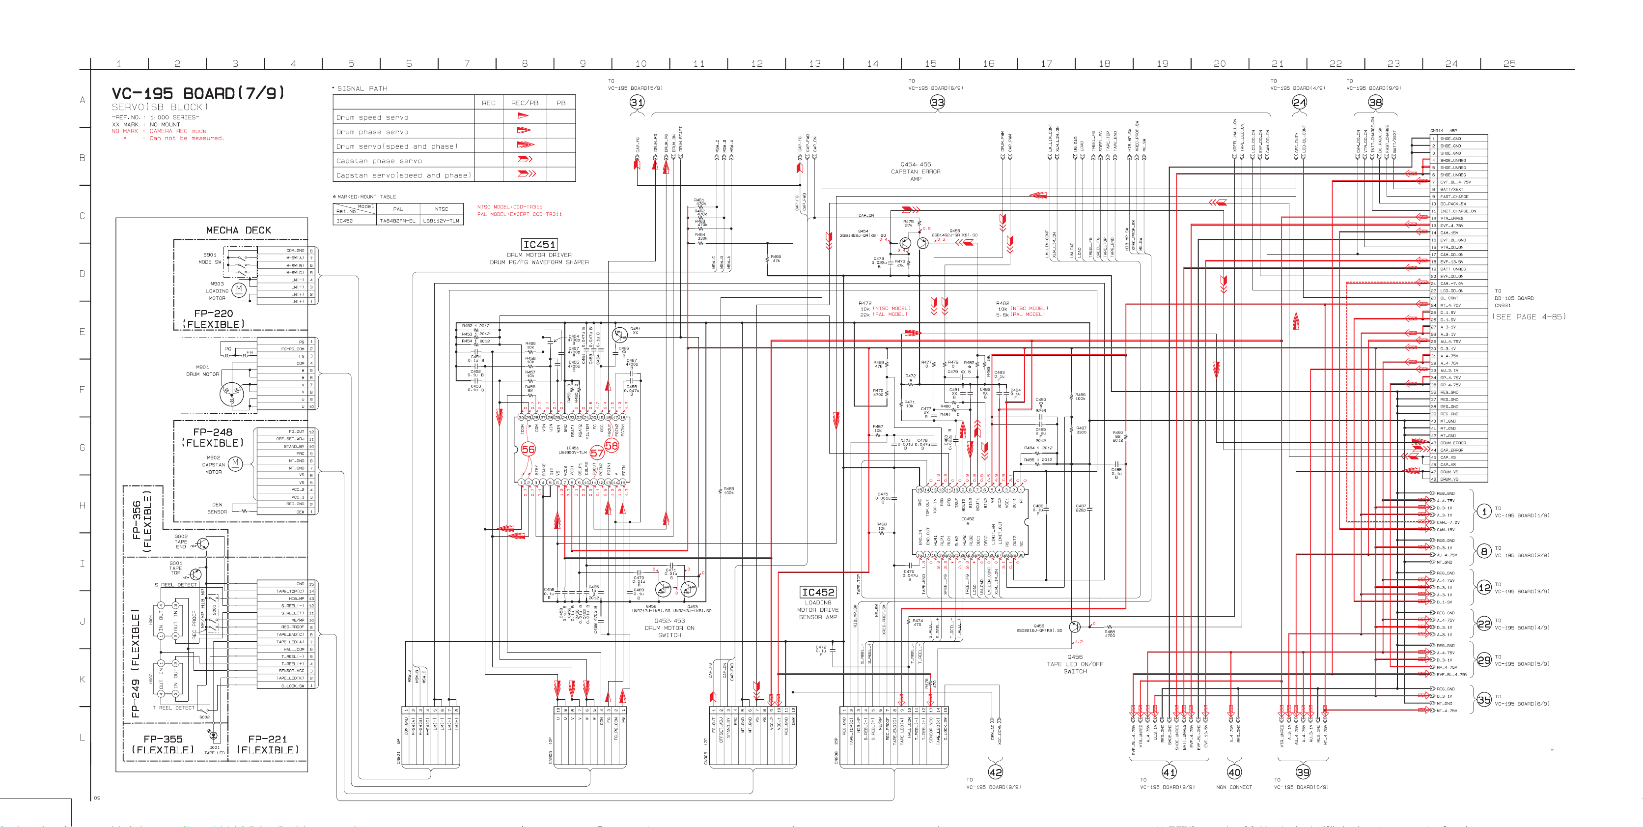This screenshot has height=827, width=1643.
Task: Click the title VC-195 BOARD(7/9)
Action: pos(198,94)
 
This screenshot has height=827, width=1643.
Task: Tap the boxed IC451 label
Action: pos(539,244)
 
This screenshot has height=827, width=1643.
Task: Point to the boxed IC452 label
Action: pos(818,592)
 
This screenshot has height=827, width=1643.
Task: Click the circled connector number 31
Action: pos(637,102)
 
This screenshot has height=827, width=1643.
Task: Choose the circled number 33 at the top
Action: pos(937,102)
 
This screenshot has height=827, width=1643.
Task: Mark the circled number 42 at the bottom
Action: pos(995,772)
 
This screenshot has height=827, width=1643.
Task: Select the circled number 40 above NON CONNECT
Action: pos(1234,772)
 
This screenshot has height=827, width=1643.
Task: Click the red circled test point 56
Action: pos(528,449)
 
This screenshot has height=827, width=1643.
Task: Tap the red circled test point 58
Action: pos(611,445)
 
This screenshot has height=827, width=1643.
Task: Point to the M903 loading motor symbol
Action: pos(239,289)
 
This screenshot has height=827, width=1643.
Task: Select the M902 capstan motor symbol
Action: pos(235,463)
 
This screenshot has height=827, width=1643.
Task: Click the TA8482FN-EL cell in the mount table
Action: pos(397,221)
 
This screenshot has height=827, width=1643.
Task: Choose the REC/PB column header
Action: pos(524,103)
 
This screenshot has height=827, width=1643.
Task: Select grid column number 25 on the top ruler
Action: pos(1509,64)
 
